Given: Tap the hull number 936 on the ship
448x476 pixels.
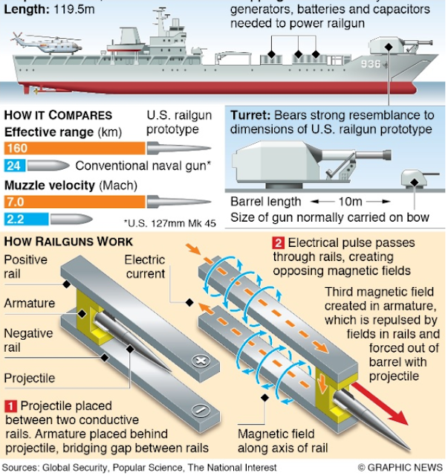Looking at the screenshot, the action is [371, 65].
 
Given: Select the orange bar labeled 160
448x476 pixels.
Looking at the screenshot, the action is [74, 148].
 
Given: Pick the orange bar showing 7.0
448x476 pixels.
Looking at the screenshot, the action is [74, 202].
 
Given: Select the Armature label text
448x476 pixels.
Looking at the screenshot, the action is [29, 303].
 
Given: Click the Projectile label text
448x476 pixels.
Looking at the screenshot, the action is [30, 378].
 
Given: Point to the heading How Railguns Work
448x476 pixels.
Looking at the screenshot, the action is [69, 242].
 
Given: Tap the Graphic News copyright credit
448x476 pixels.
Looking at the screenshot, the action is [401, 468].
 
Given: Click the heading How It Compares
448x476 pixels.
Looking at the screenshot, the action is [58, 115].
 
